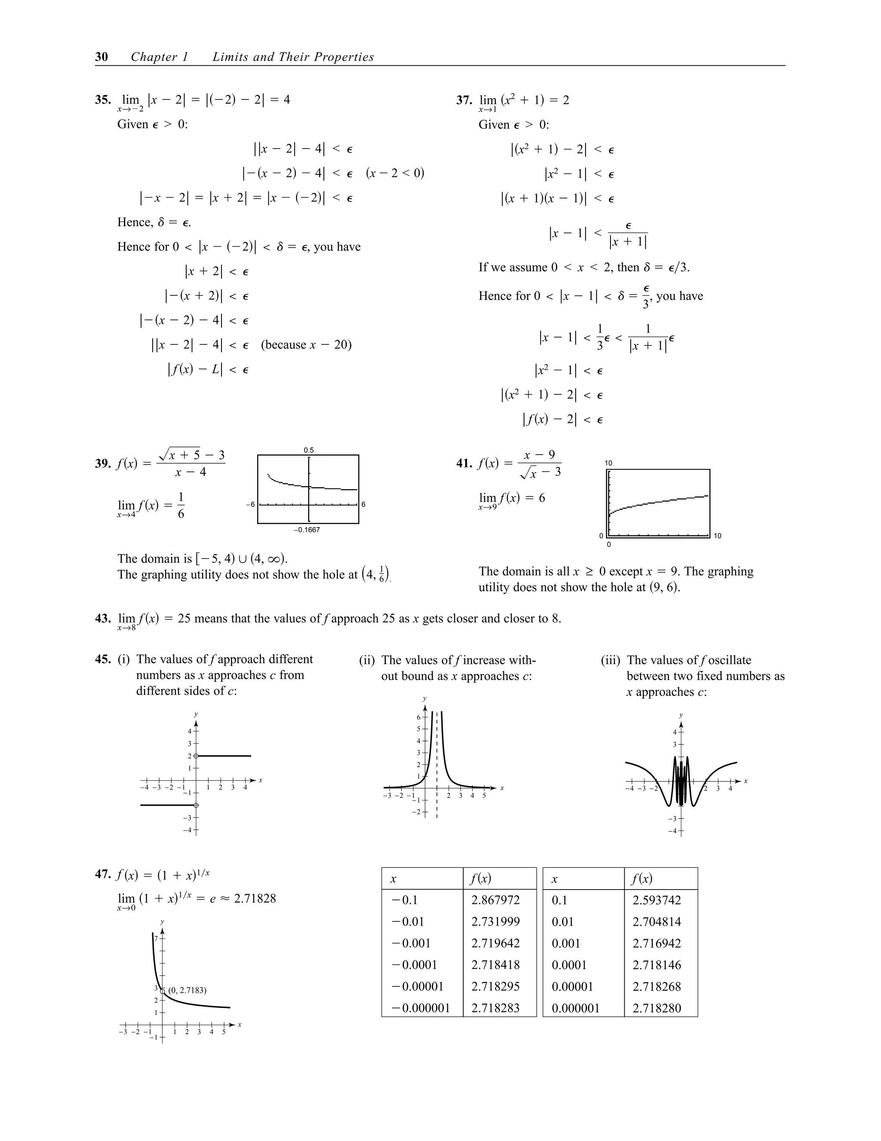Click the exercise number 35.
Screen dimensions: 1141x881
(x=102, y=100)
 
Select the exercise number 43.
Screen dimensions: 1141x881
(x=102, y=619)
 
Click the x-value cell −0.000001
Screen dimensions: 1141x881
(x=421, y=1008)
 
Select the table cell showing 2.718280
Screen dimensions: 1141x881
(x=656, y=1008)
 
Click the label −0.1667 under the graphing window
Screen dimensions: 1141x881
(x=306, y=530)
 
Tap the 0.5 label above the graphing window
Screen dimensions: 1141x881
(x=308, y=450)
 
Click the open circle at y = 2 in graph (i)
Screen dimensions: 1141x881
(x=196, y=756)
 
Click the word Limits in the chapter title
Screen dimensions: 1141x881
(x=230, y=57)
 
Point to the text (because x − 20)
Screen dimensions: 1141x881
(x=306, y=345)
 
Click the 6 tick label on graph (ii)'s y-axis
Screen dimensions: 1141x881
(x=418, y=717)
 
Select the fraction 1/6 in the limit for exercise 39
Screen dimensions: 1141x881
(x=181, y=505)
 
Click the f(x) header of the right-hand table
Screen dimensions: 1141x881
(x=641, y=879)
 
